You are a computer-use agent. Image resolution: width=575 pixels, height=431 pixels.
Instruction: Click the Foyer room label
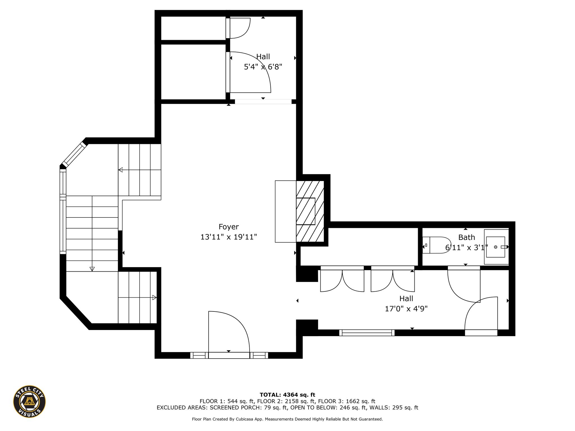[229, 227]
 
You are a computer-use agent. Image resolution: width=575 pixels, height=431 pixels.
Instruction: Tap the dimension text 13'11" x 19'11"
[229, 237]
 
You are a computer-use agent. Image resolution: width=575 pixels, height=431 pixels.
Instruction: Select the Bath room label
[467, 237]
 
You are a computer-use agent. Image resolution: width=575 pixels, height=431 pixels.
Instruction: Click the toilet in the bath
[437, 245]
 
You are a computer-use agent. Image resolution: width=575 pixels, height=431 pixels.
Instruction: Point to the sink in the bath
[496, 247]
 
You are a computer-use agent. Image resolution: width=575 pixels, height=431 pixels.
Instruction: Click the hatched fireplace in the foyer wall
[310, 211]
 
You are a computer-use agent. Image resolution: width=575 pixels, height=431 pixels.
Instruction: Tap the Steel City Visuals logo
[29, 401]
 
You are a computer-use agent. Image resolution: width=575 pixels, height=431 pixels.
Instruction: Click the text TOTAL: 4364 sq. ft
[287, 395]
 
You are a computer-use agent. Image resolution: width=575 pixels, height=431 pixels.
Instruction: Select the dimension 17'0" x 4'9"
[406, 309]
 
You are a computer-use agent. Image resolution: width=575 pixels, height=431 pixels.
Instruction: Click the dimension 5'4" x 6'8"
[263, 67]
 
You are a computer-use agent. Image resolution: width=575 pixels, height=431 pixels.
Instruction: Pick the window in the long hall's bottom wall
[367, 333]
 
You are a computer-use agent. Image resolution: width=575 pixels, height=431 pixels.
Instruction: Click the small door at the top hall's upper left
[238, 28]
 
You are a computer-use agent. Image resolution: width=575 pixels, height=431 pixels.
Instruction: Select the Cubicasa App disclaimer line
[287, 419]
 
